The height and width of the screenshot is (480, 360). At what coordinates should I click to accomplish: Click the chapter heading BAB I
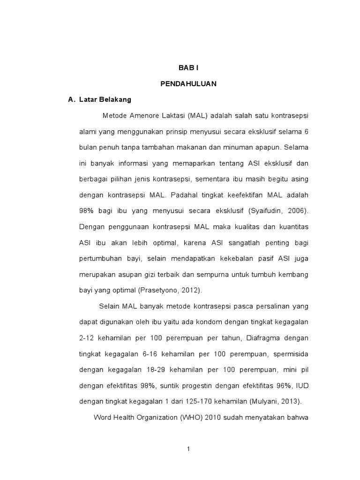[x=188, y=68]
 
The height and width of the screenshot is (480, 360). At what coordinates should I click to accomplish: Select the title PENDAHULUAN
[x=188, y=84]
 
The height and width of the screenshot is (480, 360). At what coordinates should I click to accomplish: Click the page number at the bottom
[x=188, y=449]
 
